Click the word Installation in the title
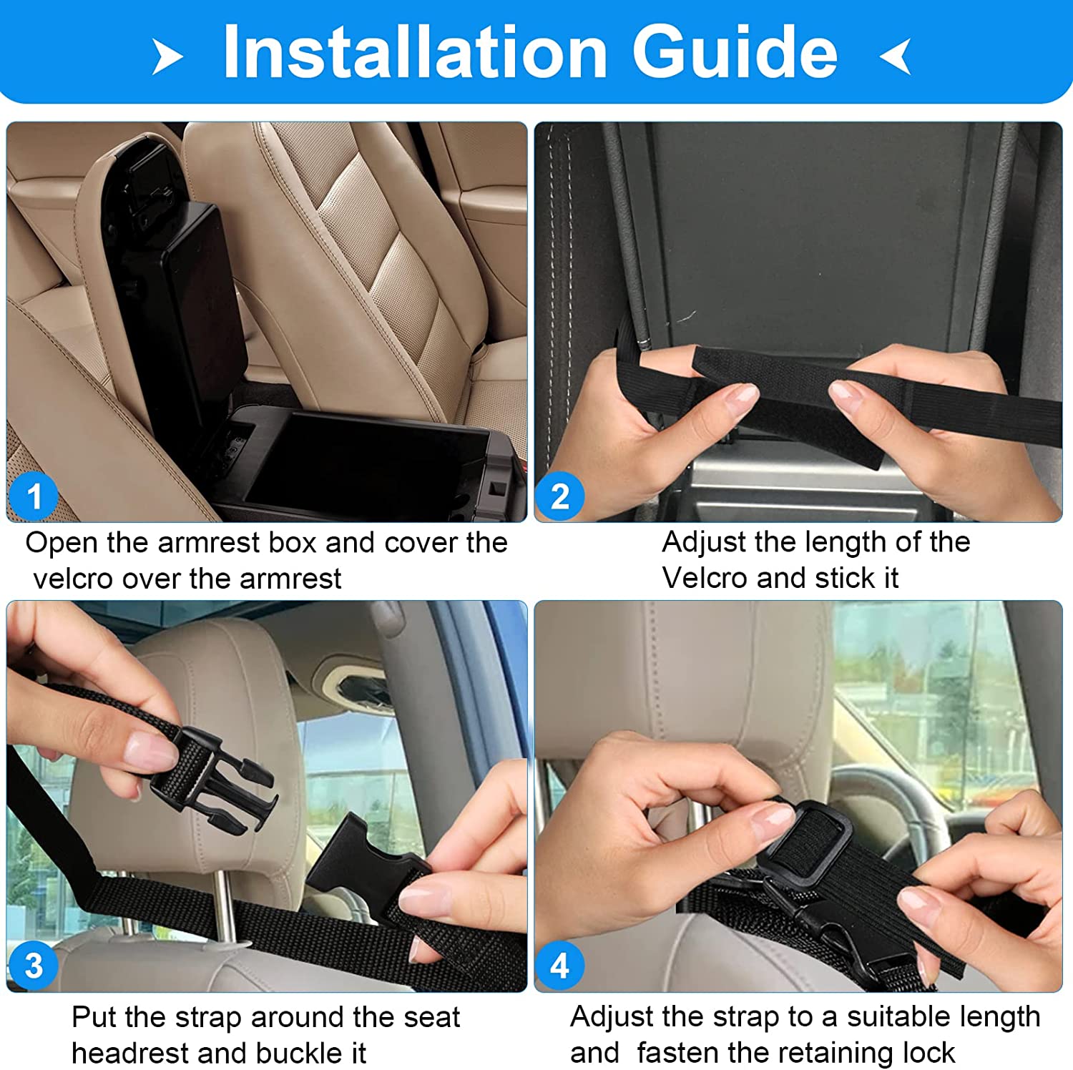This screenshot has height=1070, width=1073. coord(415,51)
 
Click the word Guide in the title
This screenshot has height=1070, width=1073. coord(735,51)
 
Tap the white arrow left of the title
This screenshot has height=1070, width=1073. coord(167,57)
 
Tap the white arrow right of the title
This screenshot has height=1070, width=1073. coord(896,57)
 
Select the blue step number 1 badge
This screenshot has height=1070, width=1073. coord(33,496)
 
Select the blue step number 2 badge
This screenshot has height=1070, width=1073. coord(560,496)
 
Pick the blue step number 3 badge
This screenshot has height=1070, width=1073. coord(33,966)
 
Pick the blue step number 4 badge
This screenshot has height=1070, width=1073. coord(560,966)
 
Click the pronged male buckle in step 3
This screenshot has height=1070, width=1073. coord(215,779)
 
